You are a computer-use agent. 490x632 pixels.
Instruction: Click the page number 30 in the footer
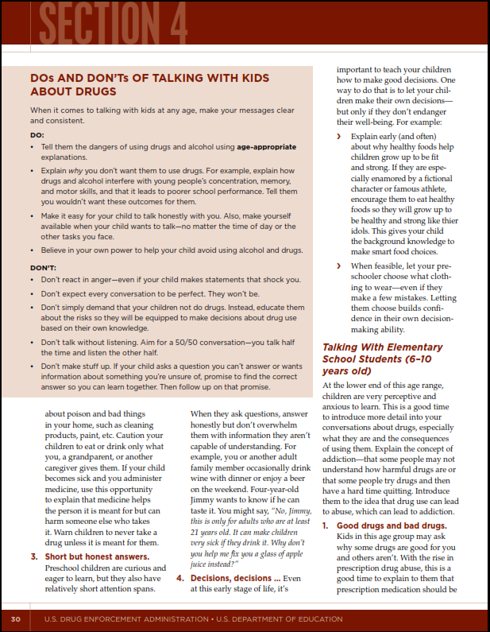16,618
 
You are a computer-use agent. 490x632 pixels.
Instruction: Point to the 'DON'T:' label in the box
42,268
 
